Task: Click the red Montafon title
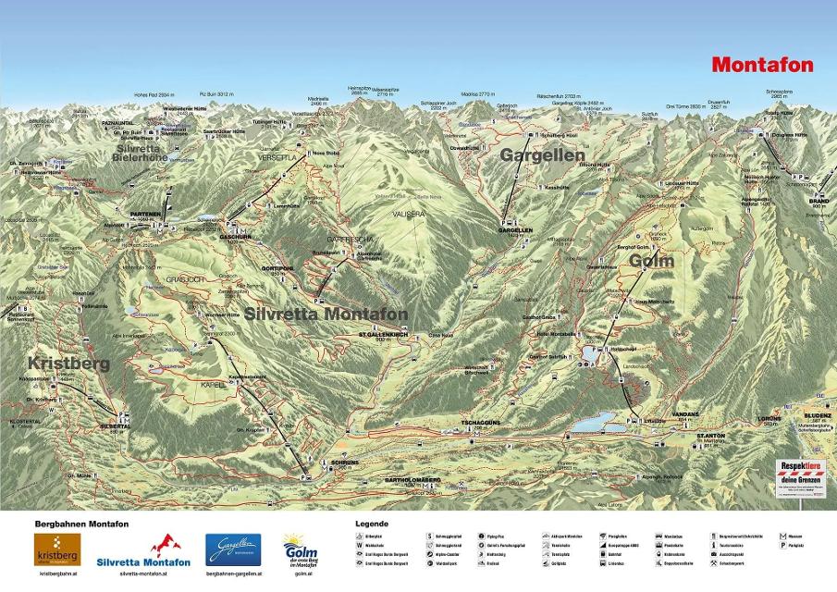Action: [762, 65]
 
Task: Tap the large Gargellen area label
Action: [543, 155]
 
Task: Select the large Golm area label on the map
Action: [652, 262]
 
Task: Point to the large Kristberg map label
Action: [68, 364]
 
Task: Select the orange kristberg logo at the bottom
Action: [57, 550]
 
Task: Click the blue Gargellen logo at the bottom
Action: [233, 549]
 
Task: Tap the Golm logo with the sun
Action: [303, 549]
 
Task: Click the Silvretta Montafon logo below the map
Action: [145, 551]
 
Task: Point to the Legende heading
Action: [372, 524]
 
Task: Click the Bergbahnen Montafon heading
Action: [81, 524]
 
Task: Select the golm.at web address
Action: [303, 574]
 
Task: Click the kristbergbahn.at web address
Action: [57, 574]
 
